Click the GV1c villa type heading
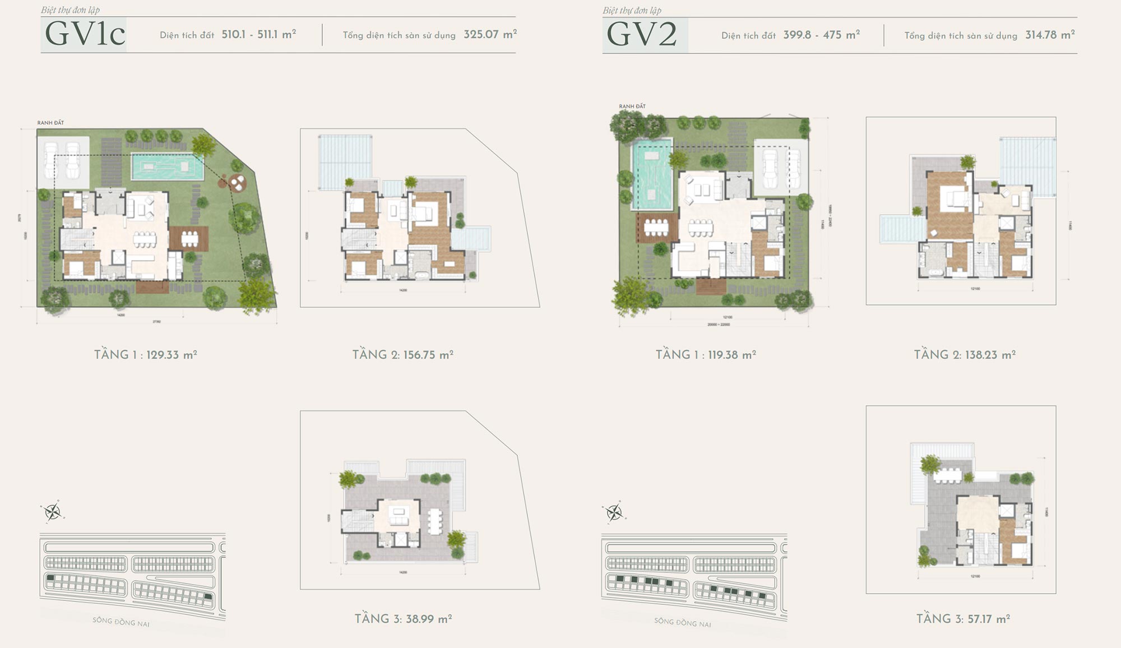(x=85, y=35)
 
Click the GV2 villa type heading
(x=642, y=35)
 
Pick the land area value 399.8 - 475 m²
(x=822, y=35)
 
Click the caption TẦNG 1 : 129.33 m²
(x=146, y=355)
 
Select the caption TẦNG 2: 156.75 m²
(x=403, y=355)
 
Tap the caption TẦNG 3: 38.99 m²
(x=403, y=619)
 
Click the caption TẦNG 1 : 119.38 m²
(x=706, y=355)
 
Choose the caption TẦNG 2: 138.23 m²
(x=965, y=355)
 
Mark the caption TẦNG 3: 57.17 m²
(x=963, y=619)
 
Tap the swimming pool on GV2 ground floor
(x=652, y=174)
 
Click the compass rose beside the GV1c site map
(x=53, y=512)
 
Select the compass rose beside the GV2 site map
(x=614, y=512)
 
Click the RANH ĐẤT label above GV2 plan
(x=632, y=107)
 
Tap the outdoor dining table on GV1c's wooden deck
(x=189, y=239)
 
